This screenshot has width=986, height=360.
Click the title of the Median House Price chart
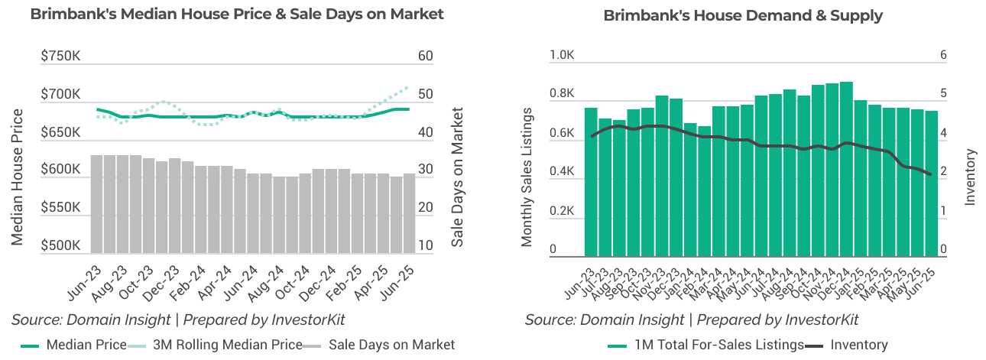(x=237, y=15)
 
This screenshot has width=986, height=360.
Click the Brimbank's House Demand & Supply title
(x=743, y=15)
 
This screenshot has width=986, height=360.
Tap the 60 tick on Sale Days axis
(x=426, y=57)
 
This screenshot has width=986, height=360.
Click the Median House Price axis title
(x=18, y=177)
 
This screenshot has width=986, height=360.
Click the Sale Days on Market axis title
(x=457, y=177)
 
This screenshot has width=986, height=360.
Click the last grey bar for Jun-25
(x=410, y=213)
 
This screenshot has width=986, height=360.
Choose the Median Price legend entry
(x=73, y=345)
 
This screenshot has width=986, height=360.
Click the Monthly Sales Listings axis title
(x=527, y=177)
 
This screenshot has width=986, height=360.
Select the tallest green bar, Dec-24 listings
(x=846, y=169)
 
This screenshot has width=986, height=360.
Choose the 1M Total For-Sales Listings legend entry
(x=706, y=345)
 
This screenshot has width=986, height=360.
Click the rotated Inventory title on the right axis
(x=971, y=177)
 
